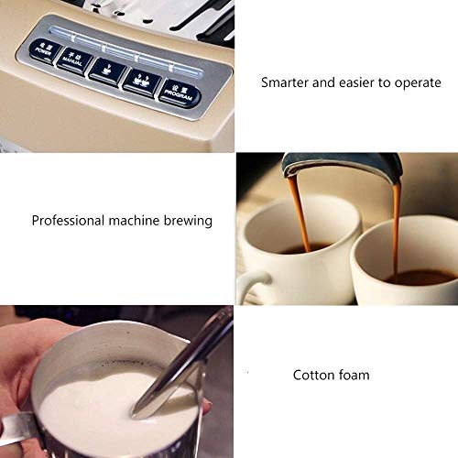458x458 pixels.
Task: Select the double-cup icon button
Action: point(141,81)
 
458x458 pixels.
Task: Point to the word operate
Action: point(419,82)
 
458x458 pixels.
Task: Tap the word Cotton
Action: point(312,375)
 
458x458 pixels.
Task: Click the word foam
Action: point(354,375)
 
